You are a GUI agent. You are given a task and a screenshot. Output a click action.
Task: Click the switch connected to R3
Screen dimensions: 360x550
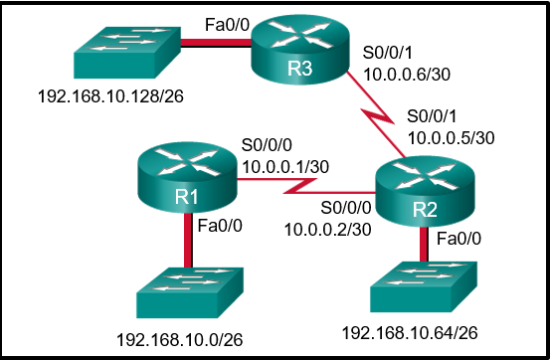point(117,54)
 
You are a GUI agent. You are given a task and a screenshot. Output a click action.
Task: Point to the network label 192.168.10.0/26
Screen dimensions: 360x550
point(180,340)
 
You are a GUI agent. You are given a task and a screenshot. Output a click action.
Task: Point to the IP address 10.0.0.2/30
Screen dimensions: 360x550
point(326,228)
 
